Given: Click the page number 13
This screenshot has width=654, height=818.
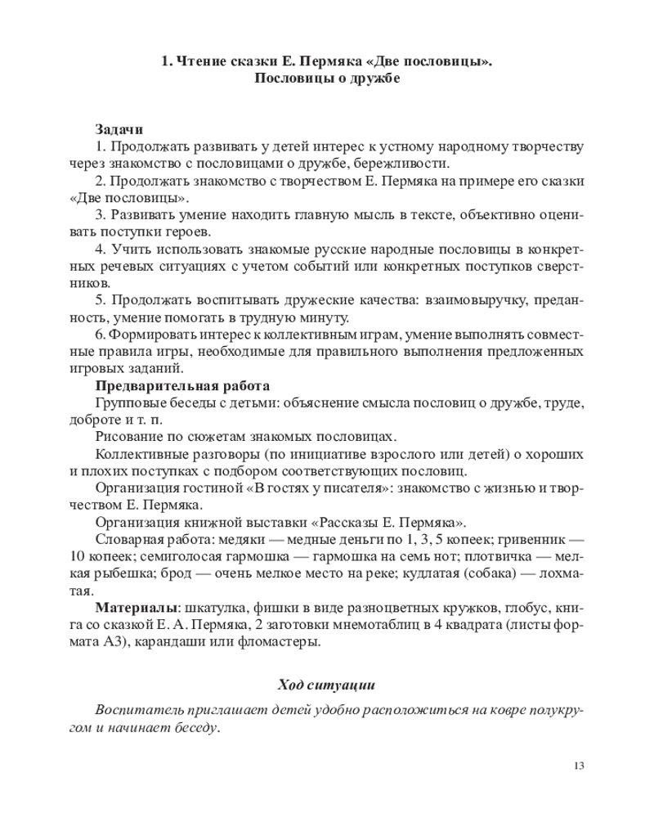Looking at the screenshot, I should click(x=579, y=766).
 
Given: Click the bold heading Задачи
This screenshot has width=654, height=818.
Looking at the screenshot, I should click(x=119, y=129).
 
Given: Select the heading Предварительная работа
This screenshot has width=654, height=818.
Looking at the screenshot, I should click(x=182, y=386).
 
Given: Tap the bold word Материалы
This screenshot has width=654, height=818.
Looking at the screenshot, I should click(x=137, y=608).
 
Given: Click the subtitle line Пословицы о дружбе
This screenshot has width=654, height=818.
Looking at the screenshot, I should click(x=326, y=79).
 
